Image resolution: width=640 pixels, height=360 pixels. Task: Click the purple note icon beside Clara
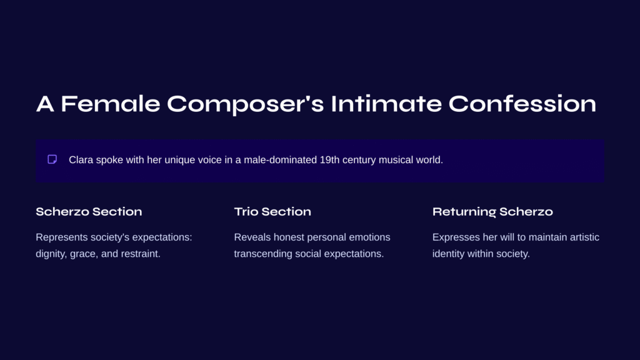point(52,159)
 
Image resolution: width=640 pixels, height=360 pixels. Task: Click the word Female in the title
point(110,104)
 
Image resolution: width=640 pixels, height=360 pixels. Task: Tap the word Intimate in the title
point(386,104)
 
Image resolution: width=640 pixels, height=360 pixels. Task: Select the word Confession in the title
point(522,104)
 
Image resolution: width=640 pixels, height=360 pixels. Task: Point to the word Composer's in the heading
point(245,104)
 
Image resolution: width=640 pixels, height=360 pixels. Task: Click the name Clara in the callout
point(81,159)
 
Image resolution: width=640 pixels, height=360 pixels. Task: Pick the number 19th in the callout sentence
point(329,159)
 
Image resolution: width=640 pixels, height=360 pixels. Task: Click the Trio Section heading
point(272,211)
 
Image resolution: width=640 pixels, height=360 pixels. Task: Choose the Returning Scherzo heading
point(492,212)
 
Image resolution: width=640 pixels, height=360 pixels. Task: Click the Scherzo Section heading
point(89,211)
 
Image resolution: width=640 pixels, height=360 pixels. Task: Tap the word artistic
point(584,237)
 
